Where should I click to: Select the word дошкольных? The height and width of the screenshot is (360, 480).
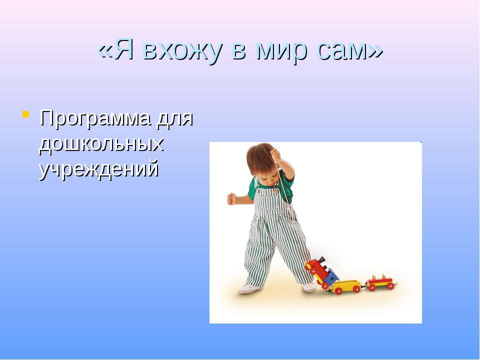(x=101, y=144)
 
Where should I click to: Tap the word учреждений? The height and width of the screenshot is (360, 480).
(x=99, y=170)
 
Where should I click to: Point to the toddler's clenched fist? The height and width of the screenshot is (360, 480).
(x=231, y=199)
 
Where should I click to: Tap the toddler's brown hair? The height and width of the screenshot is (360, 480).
(x=260, y=157)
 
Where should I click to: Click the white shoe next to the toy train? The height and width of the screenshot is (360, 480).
(x=309, y=287)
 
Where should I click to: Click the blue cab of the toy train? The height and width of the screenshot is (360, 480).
(x=330, y=277)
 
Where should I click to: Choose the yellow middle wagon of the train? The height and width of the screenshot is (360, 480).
(x=347, y=286)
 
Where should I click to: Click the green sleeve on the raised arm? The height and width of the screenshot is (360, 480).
(x=286, y=180)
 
